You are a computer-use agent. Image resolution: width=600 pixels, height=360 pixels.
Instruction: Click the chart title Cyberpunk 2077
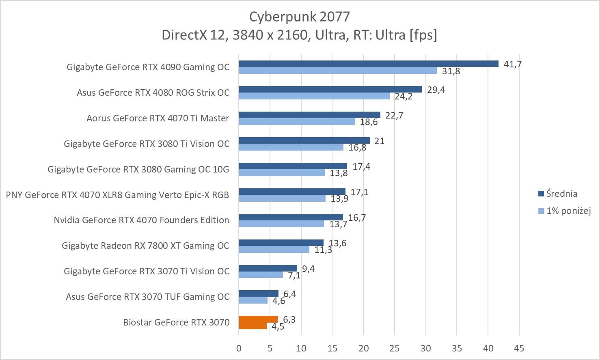(299, 17)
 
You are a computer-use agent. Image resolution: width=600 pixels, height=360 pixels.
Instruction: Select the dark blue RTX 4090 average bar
(368, 64)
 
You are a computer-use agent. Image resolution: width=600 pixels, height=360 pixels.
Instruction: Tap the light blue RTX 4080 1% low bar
(314, 96)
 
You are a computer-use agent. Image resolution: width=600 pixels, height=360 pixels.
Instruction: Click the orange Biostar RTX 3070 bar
(258, 319)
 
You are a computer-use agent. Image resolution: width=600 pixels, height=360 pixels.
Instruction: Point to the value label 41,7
(512, 64)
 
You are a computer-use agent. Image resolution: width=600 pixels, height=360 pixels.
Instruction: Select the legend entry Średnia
(561, 194)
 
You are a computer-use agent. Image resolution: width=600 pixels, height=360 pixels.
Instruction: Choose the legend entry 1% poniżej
(568, 211)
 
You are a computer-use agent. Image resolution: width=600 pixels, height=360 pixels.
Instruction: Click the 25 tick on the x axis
(395, 348)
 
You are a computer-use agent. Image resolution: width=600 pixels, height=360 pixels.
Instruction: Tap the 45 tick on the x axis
(519, 348)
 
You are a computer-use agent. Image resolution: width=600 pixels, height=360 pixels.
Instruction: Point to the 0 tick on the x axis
(239, 348)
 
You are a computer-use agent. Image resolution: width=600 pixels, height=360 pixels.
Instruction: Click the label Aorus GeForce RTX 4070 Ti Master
(158, 119)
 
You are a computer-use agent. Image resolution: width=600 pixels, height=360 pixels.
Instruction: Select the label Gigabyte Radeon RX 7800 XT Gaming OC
(145, 246)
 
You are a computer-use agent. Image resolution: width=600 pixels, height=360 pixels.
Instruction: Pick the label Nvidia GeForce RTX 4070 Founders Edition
(141, 220)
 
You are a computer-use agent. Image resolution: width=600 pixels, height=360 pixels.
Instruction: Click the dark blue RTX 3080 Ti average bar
(304, 140)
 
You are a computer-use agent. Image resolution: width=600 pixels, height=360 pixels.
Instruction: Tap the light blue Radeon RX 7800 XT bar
(274, 250)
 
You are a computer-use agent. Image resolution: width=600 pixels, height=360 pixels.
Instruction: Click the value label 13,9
(339, 199)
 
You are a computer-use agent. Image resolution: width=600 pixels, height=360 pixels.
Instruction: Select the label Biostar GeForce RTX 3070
(176, 323)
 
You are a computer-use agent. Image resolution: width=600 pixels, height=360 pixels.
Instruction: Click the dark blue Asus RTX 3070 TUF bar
(259, 293)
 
